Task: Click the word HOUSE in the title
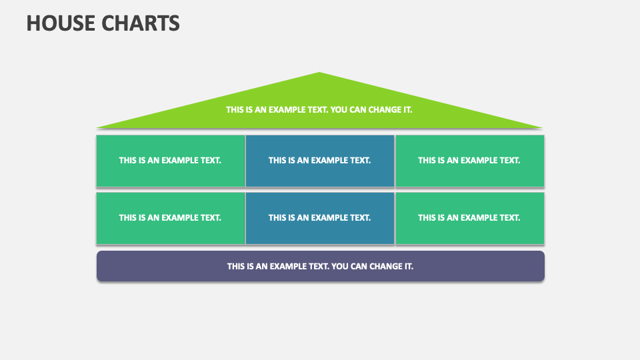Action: coord(61,23)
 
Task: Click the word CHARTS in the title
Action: coord(141,23)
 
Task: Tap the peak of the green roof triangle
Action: coord(319,73)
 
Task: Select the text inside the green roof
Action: coord(319,110)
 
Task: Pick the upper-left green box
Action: coord(171,161)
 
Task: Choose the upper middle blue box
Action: coord(320,161)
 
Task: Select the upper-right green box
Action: coord(470,161)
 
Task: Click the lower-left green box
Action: coord(171,219)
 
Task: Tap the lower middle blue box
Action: coord(320,219)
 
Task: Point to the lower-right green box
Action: coord(470,219)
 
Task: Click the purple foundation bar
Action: coord(321,266)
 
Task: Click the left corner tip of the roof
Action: coord(97,128)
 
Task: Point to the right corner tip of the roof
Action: coord(543,128)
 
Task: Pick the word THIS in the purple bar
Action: coord(235,267)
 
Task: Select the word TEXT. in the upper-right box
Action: coord(510,161)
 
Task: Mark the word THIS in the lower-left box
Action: coord(127,218)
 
